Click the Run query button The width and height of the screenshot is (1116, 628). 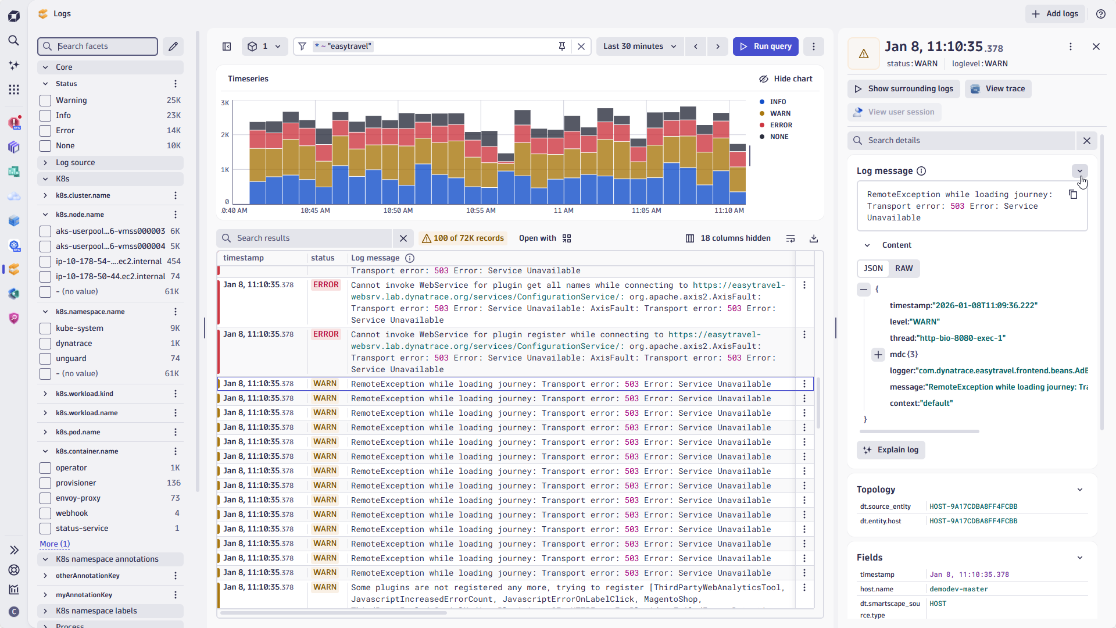(766, 47)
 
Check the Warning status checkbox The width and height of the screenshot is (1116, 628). (45, 101)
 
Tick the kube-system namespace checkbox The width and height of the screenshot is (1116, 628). (45, 329)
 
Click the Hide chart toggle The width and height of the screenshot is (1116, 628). (785, 79)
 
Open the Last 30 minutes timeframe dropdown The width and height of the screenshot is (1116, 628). (639, 47)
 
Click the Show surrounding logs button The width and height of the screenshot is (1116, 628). (903, 89)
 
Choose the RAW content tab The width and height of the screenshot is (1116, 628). (904, 269)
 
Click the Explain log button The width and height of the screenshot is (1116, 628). (891, 450)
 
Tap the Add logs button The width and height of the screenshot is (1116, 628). (1055, 14)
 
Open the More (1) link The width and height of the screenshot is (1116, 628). (55, 544)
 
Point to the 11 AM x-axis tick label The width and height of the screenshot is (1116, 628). (563, 210)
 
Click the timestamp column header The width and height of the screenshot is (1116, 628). (244, 258)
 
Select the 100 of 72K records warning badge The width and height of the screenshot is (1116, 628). (463, 238)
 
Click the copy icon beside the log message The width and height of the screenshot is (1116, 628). (1073, 195)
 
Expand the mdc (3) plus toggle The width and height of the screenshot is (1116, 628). (878, 355)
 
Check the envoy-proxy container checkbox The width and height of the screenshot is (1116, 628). (45, 498)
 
